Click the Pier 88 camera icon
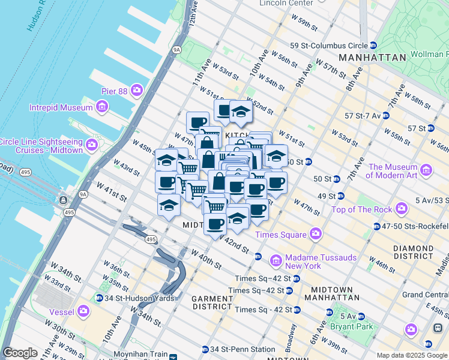(137, 90)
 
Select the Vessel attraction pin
(83, 311)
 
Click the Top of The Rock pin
(401, 209)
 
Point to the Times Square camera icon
(315, 234)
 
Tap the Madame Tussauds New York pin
(276, 261)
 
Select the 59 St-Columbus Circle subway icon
(373, 46)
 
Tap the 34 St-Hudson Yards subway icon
(99, 298)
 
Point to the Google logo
(20, 353)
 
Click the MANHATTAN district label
(372, 58)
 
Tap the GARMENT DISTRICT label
(212, 302)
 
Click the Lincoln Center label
(287, 3)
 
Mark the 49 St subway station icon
(340, 196)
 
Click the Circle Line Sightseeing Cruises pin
(92, 145)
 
